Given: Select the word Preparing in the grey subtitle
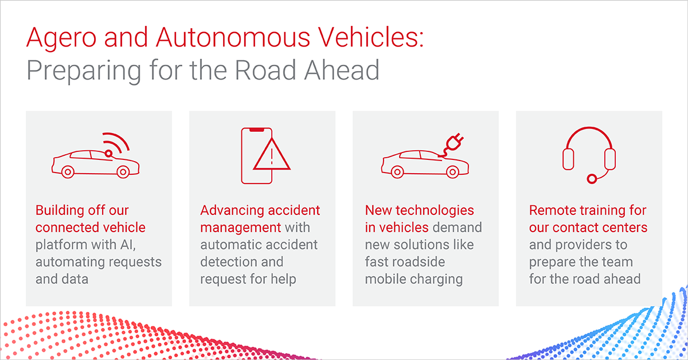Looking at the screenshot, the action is pos(84,71).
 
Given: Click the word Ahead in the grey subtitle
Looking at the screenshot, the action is pos(342,70).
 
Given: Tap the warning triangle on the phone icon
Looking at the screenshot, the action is pos(272,155).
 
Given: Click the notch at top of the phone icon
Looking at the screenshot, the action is pos(257,130).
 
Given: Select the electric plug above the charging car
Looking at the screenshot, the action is pos(454,144).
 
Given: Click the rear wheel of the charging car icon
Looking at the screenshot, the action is pos(397,172).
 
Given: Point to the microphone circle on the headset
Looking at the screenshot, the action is pos(592,179).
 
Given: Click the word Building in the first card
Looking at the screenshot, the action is pos(60,211).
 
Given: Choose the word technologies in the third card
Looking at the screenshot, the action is pos(435,211).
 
